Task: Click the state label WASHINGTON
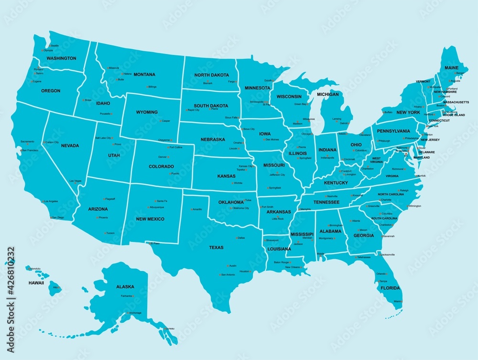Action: [61, 58]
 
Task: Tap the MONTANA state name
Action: [144, 75]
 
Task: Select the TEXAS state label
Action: [216, 248]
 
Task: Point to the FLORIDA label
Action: [391, 288]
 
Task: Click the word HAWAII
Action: [36, 283]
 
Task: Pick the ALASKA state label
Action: [125, 287]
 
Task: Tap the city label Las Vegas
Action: [76, 181]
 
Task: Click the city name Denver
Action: [163, 157]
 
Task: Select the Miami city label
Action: [397, 301]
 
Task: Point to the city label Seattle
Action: [54, 45]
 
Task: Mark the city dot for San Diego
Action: [52, 218]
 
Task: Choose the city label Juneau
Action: [170, 329]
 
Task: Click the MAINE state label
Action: [451, 68]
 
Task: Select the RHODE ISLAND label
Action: [454, 115]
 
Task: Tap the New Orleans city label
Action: [292, 267]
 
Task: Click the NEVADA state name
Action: [70, 145]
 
